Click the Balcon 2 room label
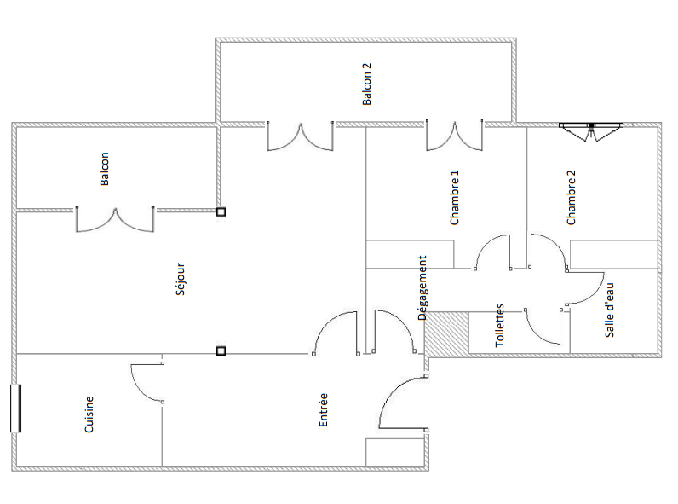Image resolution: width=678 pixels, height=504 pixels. tap(366, 84)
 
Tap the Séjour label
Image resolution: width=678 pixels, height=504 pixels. tap(181, 279)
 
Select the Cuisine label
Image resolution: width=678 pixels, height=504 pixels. tap(89, 414)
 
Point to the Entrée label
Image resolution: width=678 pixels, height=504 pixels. tap(323, 410)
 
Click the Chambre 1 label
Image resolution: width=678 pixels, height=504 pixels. tap(454, 198)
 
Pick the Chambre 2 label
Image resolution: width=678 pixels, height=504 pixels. tap(572, 198)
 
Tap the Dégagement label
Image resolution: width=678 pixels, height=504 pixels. tap(422, 288)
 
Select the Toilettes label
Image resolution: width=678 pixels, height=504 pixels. tap(499, 325)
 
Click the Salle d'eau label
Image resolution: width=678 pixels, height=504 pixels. tap(609, 310)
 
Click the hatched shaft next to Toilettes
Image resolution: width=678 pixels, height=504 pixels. tap(447, 333)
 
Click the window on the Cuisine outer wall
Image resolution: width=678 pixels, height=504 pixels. tap(15, 408)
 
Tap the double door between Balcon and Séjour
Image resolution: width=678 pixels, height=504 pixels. tap(115, 221)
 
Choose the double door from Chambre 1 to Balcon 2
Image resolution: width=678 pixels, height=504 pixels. tap(455, 137)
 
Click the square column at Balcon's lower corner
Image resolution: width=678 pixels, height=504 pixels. tap(221, 211)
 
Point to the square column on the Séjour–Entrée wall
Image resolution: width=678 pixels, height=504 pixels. tap(221, 350)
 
